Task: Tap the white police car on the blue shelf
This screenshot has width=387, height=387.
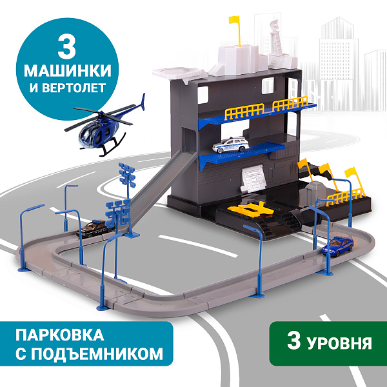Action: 230,145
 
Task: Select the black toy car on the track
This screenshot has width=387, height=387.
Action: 94,228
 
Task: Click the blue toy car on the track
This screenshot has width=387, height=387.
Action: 337,246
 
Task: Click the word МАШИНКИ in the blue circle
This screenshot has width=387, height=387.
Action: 67,70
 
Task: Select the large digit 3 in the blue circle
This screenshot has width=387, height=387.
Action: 66,48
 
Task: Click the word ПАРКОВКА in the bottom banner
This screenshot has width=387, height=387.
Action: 60,335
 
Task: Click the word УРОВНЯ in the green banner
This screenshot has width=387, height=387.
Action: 340,343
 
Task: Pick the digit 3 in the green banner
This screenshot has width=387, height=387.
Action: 293,341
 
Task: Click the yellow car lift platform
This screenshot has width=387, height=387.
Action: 250,210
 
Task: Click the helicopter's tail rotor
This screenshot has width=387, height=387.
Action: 143,102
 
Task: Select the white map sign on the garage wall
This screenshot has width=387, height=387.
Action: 253,178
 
